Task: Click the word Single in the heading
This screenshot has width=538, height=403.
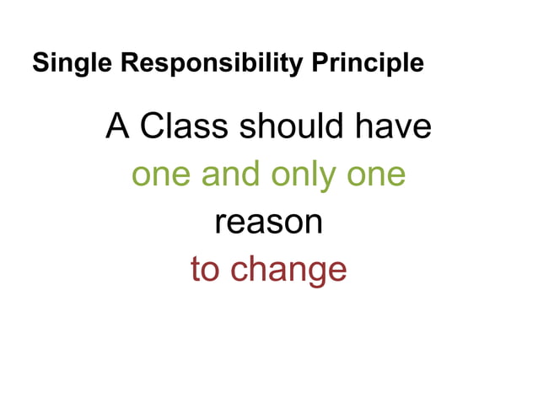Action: (x=65, y=63)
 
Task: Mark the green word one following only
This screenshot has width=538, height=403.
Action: (x=377, y=175)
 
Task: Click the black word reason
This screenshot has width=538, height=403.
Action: (x=269, y=223)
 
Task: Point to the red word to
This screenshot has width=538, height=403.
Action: (x=206, y=269)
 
